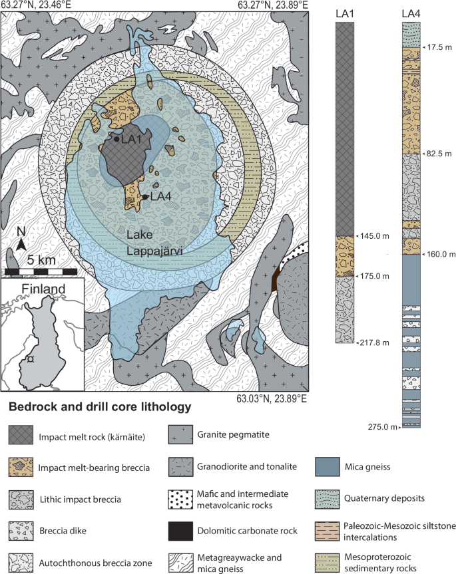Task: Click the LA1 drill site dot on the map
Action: (116, 139)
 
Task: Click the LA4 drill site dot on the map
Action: (145, 197)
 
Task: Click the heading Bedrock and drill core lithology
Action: (100, 406)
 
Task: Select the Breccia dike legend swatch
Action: (21, 531)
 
